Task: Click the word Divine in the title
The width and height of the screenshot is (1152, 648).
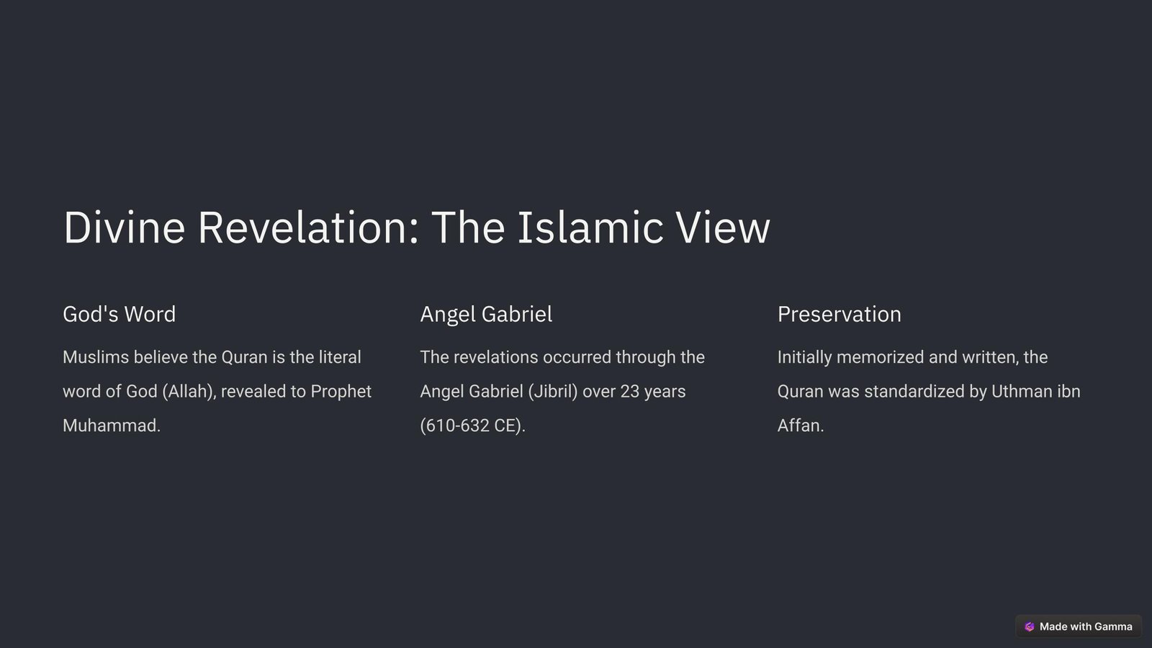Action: click(x=124, y=228)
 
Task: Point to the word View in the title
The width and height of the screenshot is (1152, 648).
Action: click(x=723, y=228)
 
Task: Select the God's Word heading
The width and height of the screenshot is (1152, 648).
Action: click(x=120, y=314)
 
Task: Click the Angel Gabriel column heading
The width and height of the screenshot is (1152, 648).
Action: click(x=486, y=314)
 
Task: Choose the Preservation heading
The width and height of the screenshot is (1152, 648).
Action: click(x=840, y=314)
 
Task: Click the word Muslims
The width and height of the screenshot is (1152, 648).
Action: click(x=96, y=357)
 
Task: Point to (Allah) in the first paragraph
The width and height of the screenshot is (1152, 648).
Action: click(x=190, y=392)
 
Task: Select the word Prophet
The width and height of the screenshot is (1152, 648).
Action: click(x=341, y=392)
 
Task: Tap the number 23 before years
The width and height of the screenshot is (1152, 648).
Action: click(x=629, y=392)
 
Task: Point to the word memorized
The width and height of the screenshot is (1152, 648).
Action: click(x=881, y=357)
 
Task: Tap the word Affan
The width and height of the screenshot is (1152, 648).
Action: click(x=798, y=426)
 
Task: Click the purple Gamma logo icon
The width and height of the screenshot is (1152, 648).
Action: click(x=1029, y=626)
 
